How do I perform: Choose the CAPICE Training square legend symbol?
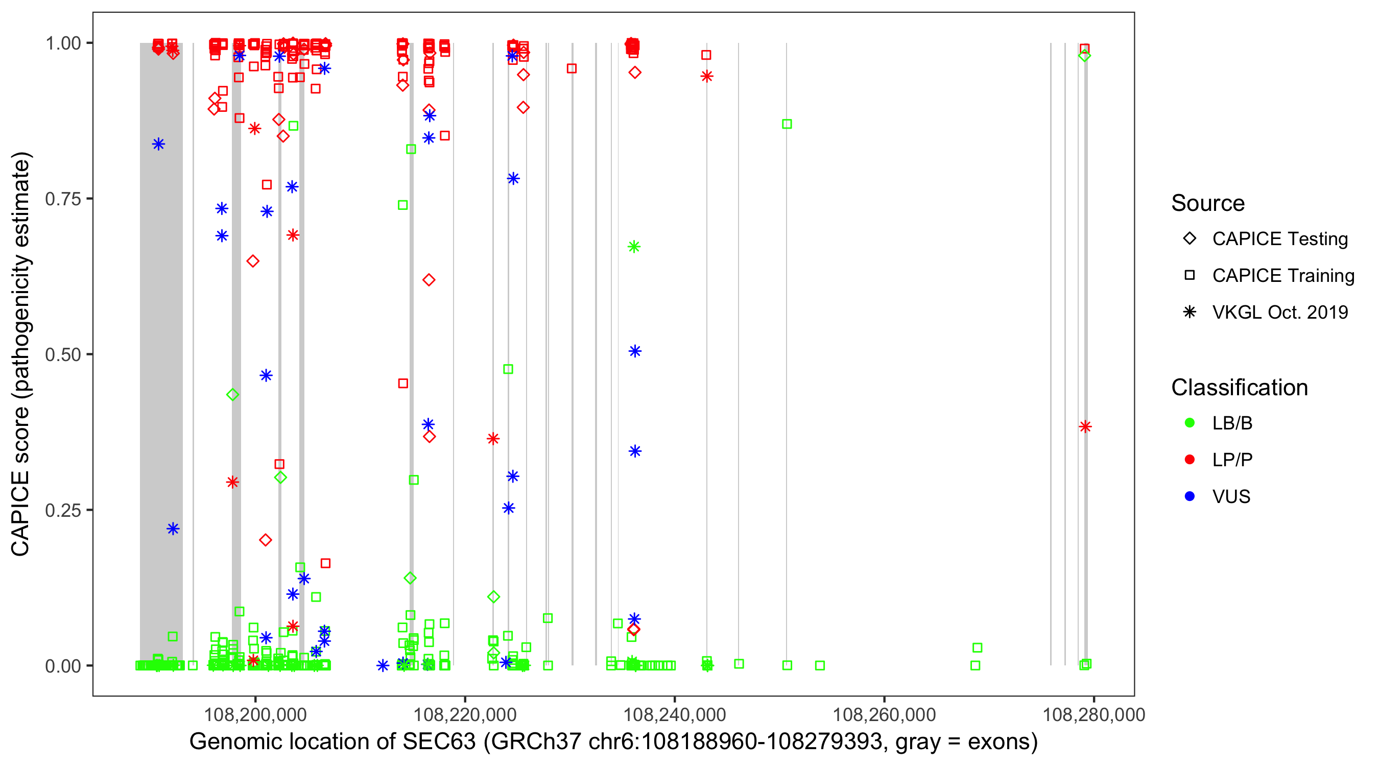pos(1190,276)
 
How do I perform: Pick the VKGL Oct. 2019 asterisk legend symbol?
pos(1190,312)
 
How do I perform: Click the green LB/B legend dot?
pos(1190,423)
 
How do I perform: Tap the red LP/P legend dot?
pos(1190,460)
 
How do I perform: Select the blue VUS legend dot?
pos(1190,496)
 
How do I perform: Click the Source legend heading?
pos(1208,203)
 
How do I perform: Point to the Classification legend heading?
pos(1239,388)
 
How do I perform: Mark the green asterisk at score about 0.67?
pos(634,247)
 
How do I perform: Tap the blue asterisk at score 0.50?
pos(635,351)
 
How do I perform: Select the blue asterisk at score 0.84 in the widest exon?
pos(158,144)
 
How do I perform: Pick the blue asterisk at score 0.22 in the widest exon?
pos(173,529)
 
